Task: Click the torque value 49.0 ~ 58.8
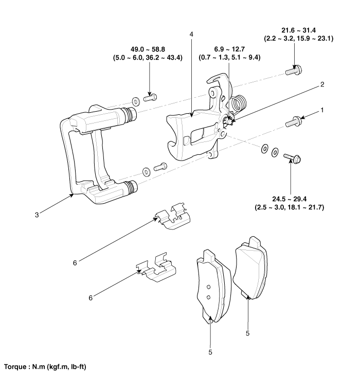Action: (148, 49)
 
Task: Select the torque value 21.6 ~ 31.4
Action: (299, 30)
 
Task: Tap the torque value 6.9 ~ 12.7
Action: (229, 49)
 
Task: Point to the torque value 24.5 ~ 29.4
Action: (289, 199)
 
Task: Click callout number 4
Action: (191, 34)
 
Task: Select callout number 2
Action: (322, 84)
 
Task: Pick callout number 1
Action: (322, 110)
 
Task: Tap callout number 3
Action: (37, 215)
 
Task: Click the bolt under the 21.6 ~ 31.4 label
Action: (294, 70)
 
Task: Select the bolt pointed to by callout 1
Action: (294, 121)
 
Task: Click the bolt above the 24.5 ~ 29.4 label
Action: (293, 158)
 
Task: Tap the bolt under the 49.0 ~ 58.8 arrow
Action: (150, 98)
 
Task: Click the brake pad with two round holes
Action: (213, 287)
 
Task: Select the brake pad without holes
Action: (250, 268)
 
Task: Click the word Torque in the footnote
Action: (15, 367)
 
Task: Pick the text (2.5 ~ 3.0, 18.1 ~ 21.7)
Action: (290, 207)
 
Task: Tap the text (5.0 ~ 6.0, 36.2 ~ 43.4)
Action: (148, 58)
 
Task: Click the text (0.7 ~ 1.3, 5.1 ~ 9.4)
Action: (229, 58)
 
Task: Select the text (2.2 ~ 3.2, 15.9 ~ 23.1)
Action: (299, 39)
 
